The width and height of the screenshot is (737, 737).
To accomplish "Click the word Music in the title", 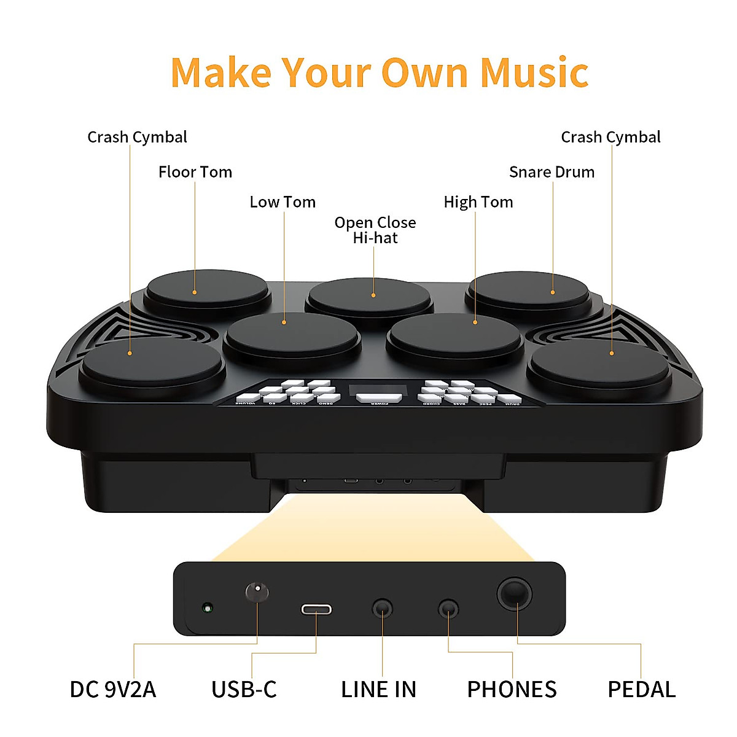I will [534, 72].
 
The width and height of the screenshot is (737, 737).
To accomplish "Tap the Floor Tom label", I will [195, 172].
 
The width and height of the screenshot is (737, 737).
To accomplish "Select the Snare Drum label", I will [552, 172].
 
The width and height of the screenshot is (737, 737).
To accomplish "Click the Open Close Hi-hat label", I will [375, 230].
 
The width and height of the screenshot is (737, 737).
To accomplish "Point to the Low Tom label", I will [283, 202].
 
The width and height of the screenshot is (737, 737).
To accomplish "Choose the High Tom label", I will [478, 202].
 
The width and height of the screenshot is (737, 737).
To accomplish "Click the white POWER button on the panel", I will [379, 397].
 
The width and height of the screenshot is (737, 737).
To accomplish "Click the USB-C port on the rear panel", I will [316, 609].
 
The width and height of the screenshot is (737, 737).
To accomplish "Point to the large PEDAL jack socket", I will [515, 594].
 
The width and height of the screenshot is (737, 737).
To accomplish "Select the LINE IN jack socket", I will [383, 609].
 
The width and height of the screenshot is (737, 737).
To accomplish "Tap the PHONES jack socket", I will [448, 609].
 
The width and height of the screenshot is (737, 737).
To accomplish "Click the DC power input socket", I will [257, 593].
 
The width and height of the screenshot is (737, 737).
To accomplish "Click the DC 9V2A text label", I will [113, 690].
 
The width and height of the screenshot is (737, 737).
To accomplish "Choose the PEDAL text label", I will [641, 690].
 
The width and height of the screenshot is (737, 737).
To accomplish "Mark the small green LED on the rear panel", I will [208, 609].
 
